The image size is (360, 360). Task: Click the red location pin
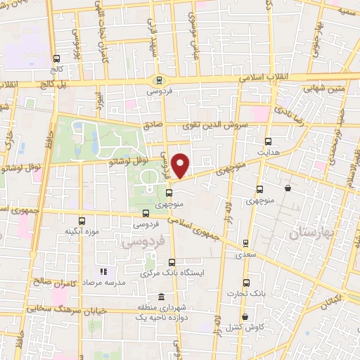[181, 165]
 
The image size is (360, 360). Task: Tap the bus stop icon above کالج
[56, 59]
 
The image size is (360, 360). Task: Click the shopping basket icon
[288, 188]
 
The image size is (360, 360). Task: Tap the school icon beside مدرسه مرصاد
[103, 271]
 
